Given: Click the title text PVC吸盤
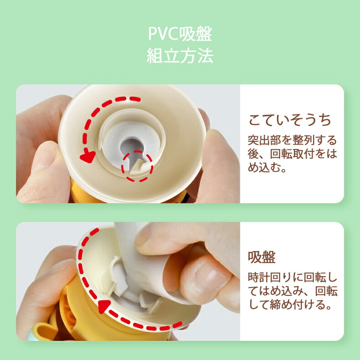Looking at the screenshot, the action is point(180,34).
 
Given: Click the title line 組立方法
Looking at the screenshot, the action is point(180,56).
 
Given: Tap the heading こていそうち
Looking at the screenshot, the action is point(290,120).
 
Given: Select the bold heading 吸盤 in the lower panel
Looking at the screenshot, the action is point(262,257).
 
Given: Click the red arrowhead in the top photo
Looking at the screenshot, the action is point(87,156).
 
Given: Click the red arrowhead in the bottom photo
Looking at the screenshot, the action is point(104,307).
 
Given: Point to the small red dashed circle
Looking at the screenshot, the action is point(137,166).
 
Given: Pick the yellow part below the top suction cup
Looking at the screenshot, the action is point(85,195).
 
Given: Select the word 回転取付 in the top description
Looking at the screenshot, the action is point(292,154).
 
